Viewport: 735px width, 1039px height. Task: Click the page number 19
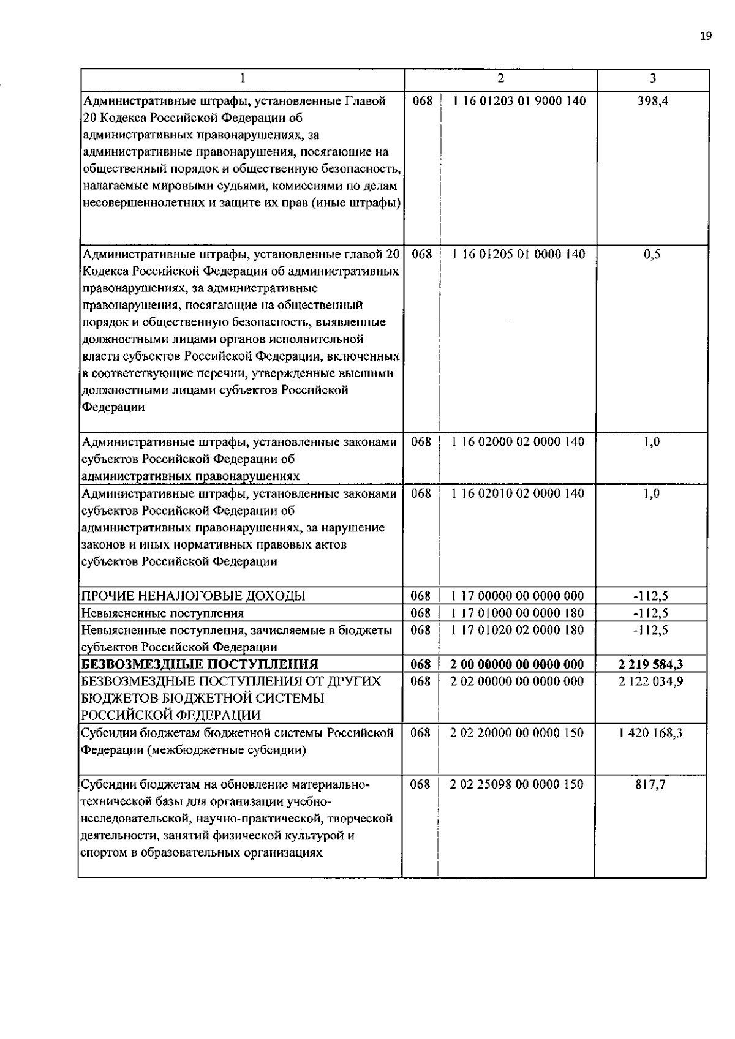705,36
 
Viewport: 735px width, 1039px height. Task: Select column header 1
243,78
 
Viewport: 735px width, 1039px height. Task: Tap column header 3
653,78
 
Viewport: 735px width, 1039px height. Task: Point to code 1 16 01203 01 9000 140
519,101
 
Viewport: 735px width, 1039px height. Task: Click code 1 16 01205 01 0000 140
519,254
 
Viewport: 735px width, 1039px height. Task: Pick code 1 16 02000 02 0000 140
518,441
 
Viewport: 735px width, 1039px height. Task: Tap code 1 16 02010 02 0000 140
518,493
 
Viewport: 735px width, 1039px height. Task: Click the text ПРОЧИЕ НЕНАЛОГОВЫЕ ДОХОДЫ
194,596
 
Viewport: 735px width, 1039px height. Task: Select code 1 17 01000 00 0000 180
518,613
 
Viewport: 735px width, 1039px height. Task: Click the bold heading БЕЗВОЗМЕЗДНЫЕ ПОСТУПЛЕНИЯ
200,664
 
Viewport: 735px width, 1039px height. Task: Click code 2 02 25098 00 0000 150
517,784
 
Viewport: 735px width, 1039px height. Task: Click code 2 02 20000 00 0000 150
517,733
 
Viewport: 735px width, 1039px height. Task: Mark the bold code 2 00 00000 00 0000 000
517,664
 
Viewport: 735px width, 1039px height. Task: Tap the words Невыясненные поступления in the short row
163,613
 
